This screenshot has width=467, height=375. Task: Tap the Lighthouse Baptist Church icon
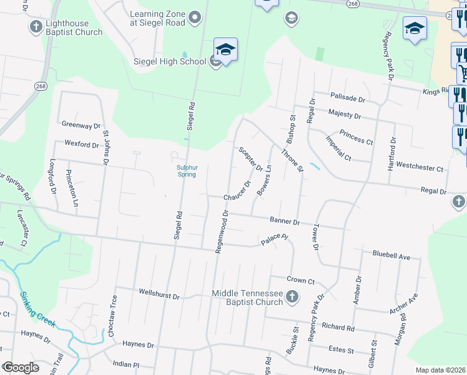click(36, 27)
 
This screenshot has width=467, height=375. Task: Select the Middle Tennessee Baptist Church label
click(247, 297)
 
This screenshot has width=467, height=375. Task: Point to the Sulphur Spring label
click(187, 171)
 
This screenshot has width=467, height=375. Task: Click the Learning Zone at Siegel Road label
click(157, 18)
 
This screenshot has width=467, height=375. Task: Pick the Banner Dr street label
click(285, 221)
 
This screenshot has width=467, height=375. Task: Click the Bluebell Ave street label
click(391, 256)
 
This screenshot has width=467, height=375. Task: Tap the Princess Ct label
click(356, 137)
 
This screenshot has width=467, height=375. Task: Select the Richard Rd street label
click(338, 327)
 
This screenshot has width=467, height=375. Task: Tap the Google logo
click(20, 367)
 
